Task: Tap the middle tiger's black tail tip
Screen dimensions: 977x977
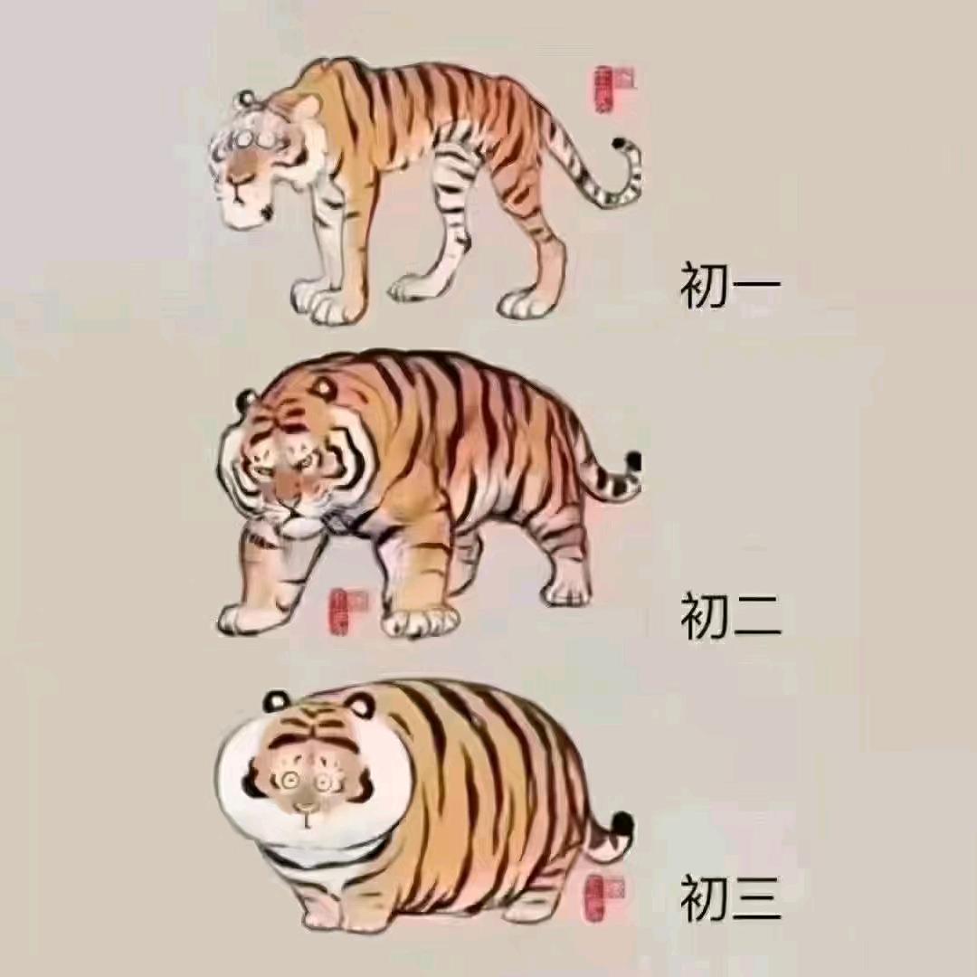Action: [633, 461]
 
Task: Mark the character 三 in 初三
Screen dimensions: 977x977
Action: [757, 896]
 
